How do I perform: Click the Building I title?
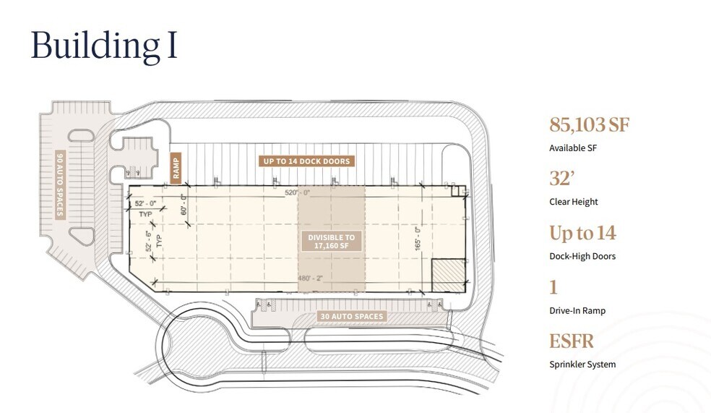(x=104, y=46)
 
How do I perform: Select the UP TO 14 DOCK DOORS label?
(x=306, y=161)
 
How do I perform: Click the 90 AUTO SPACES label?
(x=60, y=184)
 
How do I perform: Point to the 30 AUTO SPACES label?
(x=352, y=316)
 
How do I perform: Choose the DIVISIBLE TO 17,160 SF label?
(x=332, y=242)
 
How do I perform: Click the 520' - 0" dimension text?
(x=298, y=192)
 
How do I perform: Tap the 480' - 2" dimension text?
(x=310, y=278)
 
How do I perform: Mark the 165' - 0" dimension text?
(x=418, y=238)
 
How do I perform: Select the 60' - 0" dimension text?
(x=184, y=205)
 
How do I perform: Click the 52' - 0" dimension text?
(x=145, y=204)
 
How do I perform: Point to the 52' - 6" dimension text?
(x=149, y=242)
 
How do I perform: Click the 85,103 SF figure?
(x=590, y=124)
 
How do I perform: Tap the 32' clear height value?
(x=562, y=179)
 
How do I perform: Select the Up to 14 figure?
(x=582, y=233)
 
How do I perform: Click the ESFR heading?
(x=572, y=341)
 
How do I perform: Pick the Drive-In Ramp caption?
(x=577, y=311)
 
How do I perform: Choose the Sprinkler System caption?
(x=582, y=365)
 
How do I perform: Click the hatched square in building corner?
(x=449, y=276)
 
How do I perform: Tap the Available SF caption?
(x=573, y=148)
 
